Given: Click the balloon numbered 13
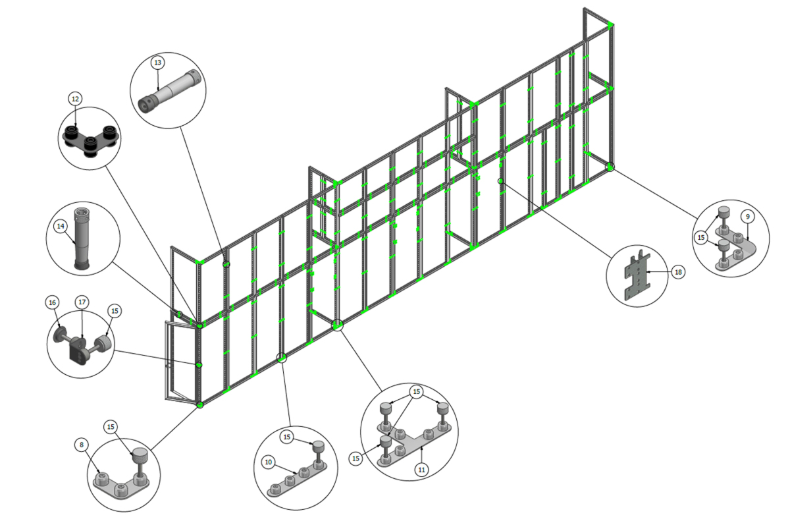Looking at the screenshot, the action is pyautogui.click(x=157, y=63).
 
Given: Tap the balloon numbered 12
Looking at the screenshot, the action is pyautogui.click(x=75, y=99).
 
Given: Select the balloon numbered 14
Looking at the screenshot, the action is pyautogui.click(x=61, y=226).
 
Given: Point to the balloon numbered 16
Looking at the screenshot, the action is pyautogui.click(x=52, y=302).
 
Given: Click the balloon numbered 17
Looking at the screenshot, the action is pyautogui.click(x=82, y=302).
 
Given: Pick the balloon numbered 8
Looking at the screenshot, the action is pyautogui.click(x=82, y=445).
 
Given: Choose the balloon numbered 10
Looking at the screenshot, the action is pyautogui.click(x=269, y=462).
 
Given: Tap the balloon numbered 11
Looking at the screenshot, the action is pyautogui.click(x=422, y=470).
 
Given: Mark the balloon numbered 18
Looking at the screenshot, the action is pyautogui.click(x=678, y=272).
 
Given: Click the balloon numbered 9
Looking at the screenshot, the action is pyautogui.click(x=748, y=217).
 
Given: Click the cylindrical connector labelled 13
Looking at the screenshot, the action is pyautogui.click(x=169, y=91).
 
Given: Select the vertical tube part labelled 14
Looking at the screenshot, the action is pyautogui.click(x=82, y=239).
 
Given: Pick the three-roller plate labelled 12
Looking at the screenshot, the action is pyautogui.click(x=91, y=140).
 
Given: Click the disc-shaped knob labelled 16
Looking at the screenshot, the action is pyautogui.click(x=60, y=334).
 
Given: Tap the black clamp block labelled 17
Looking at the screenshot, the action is pyautogui.click(x=78, y=352).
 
